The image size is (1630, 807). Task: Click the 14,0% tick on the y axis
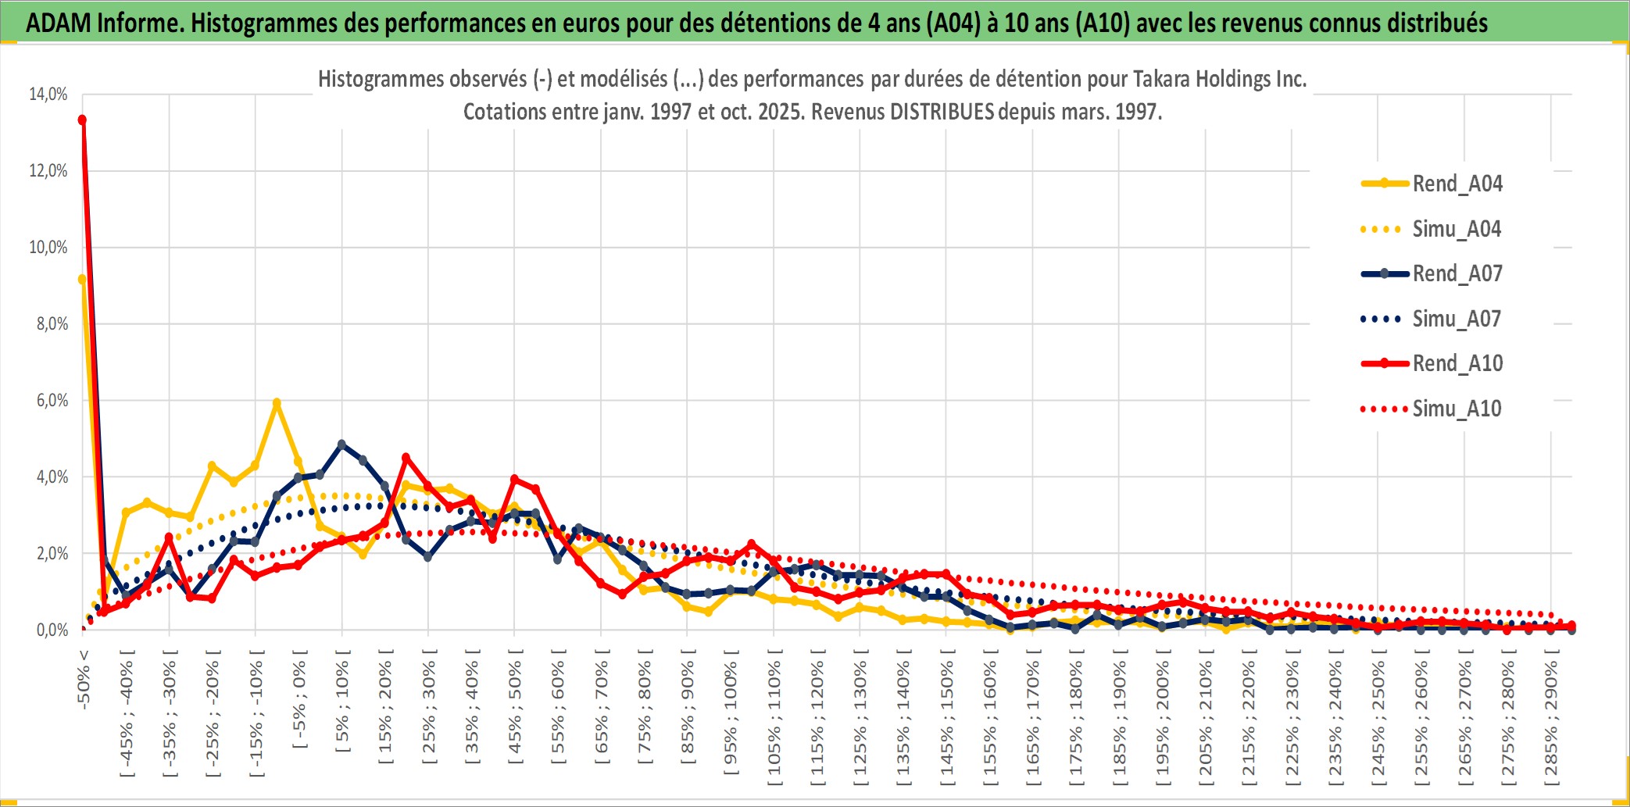[48, 95]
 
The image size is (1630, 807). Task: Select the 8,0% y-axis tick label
[52, 323]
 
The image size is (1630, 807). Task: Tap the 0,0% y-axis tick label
[52, 630]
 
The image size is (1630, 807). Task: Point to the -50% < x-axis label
[84, 679]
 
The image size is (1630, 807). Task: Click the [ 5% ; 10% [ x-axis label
[342, 706]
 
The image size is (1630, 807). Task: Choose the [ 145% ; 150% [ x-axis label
[947, 719]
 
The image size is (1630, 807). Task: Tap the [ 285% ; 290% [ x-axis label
[1551, 719]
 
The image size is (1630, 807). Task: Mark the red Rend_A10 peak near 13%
[82, 120]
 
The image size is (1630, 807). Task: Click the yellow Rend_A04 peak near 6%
[277, 402]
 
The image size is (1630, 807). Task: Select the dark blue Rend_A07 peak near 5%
[341, 444]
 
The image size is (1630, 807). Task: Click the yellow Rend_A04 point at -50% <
[82, 279]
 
